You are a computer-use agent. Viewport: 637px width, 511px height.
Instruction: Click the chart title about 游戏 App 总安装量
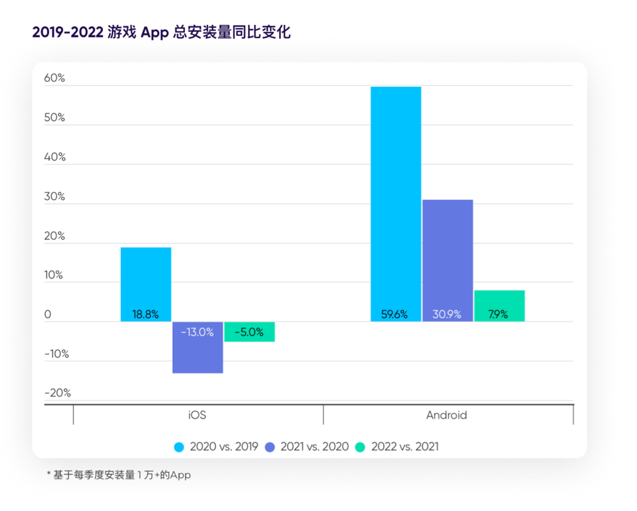[161, 32]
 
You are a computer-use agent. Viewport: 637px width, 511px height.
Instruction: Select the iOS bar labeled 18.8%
[145, 284]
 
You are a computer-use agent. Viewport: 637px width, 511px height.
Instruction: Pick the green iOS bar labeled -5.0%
[249, 332]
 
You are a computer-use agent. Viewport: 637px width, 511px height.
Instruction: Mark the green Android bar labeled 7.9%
[499, 306]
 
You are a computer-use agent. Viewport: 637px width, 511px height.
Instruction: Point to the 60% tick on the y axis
[54, 78]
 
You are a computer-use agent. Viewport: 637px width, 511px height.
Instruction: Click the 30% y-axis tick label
[54, 196]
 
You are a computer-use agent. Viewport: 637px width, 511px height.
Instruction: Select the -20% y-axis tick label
[57, 392]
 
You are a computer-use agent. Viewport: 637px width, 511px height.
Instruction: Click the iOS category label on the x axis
[197, 415]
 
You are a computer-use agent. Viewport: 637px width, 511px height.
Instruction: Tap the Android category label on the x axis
[446, 415]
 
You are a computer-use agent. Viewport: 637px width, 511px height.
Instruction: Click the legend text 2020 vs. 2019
[224, 447]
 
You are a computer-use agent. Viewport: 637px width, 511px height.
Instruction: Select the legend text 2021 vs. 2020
[315, 447]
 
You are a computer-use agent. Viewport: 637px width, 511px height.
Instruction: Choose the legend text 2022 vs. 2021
[404, 447]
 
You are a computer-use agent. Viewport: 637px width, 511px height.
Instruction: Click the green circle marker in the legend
[360, 447]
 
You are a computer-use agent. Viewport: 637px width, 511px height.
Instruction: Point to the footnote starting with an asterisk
[118, 475]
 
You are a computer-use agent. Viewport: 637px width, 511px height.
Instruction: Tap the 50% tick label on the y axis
[54, 117]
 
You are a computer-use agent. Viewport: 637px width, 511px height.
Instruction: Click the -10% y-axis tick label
[57, 353]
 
